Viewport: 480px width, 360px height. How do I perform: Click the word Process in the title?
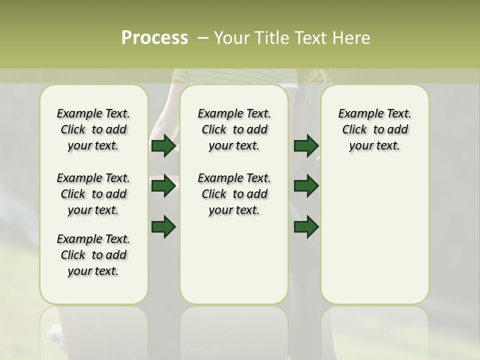click(154, 38)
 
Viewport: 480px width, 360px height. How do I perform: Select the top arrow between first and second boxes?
click(163, 146)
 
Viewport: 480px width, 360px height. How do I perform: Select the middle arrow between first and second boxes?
click(163, 186)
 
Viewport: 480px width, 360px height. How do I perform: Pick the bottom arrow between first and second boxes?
click(163, 227)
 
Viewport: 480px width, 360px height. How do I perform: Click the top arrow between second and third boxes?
click(306, 146)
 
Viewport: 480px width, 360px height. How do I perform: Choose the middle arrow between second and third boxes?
click(306, 186)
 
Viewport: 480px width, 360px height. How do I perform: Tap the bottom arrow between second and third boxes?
click(306, 227)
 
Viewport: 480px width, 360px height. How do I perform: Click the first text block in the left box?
click(93, 129)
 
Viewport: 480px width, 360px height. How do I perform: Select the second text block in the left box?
click(93, 194)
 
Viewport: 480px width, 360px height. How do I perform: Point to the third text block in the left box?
click(93, 255)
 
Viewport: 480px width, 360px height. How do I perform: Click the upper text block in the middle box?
click(234, 129)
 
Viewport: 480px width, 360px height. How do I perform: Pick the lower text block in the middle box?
click(234, 194)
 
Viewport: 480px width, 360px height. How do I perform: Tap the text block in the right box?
click(375, 129)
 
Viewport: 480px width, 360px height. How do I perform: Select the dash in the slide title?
click(203, 38)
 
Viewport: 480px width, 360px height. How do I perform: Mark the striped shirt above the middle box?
click(235, 76)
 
